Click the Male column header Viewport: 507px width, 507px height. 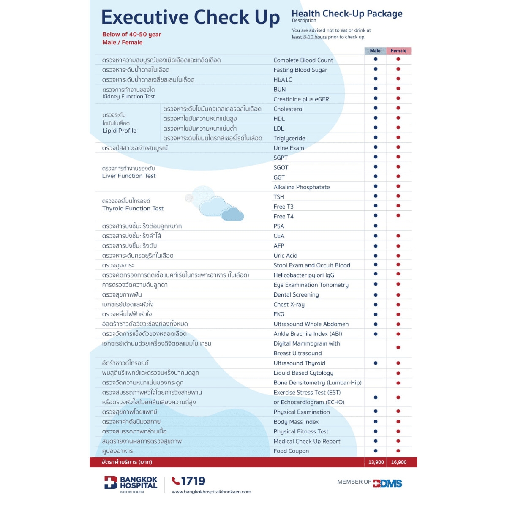[375, 51]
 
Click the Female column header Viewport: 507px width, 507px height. [398, 51]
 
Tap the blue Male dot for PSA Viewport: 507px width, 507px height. [376, 226]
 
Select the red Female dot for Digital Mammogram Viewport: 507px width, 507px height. [398, 347]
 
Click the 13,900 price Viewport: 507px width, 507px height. [376, 462]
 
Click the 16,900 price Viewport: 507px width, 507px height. [398, 462]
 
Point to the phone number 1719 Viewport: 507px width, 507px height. [193, 481]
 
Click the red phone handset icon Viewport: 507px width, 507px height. [175, 481]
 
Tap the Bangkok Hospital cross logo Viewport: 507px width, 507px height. [111, 482]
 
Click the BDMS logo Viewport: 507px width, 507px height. [387, 483]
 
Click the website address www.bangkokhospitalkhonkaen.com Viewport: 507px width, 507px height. [211, 492]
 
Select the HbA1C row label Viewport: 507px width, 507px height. [283, 80]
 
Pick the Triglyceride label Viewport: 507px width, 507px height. [289, 139]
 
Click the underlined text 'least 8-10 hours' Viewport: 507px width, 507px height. [309, 37]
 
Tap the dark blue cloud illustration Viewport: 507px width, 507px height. [232, 214]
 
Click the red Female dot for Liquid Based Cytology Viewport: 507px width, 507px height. [398, 373]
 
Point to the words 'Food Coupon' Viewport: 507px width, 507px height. [291, 451]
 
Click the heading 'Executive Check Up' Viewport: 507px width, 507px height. [191, 17]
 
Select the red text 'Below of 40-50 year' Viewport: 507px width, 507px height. [132, 35]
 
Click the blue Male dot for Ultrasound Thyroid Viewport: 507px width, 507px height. [376, 363]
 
